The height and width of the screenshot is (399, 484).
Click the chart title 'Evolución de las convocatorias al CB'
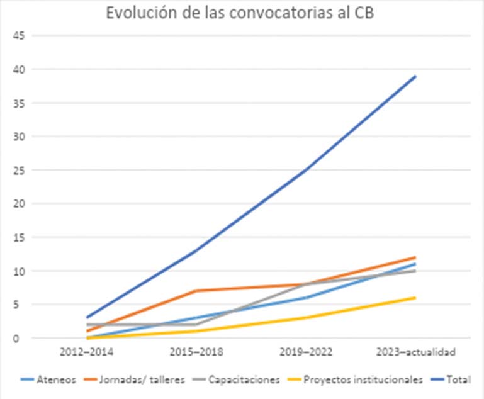point(241,14)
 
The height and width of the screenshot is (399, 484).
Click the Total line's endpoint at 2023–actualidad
point(415,76)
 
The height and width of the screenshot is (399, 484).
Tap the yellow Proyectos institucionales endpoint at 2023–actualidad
point(415,298)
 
